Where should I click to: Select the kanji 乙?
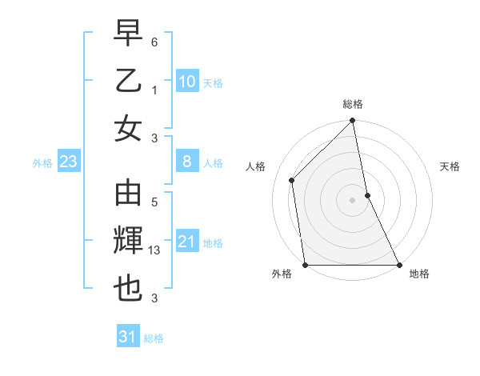(128, 80)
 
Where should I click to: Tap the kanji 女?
(128, 127)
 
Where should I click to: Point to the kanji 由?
(128, 194)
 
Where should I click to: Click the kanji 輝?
(128, 242)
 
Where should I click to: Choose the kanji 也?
(128, 289)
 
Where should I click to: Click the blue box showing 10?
(187, 82)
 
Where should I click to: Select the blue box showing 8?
(187, 162)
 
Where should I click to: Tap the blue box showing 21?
(187, 242)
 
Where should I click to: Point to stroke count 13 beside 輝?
(156, 251)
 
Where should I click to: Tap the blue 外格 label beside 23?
(42, 163)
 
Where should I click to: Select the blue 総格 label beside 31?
(154, 338)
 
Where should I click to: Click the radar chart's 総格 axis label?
(353, 104)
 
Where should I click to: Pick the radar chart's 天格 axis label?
(450, 166)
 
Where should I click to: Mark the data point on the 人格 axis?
(292, 180)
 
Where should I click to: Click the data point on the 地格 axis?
(398, 265)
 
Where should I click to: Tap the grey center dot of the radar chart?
(353, 199)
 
